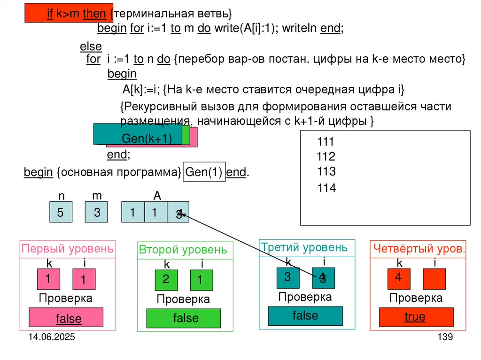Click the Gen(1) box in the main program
(x=205, y=172)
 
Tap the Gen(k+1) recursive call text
(x=146, y=139)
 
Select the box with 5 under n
(x=61, y=212)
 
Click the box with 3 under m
(x=97, y=212)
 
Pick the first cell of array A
(x=132, y=212)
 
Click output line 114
(x=326, y=188)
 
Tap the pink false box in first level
(x=66, y=318)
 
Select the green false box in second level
(x=184, y=318)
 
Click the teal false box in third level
(x=305, y=316)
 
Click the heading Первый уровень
(x=68, y=248)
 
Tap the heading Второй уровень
(x=183, y=250)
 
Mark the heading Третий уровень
(x=304, y=247)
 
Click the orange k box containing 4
(x=398, y=278)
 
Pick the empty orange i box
(x=434, y=279)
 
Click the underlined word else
(x=91, y=47)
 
